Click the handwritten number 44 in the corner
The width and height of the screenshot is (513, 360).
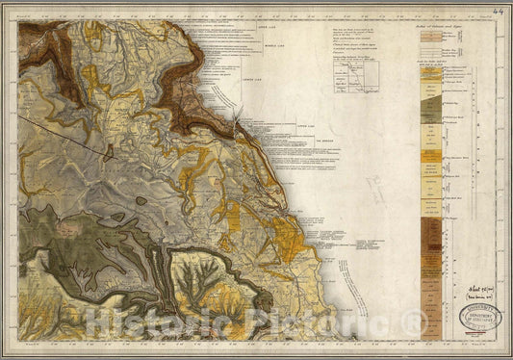[x=497, y=12]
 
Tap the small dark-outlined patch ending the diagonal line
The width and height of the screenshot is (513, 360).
[x=109, y=150]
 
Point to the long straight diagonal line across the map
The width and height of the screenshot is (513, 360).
[x=63, y=132]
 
